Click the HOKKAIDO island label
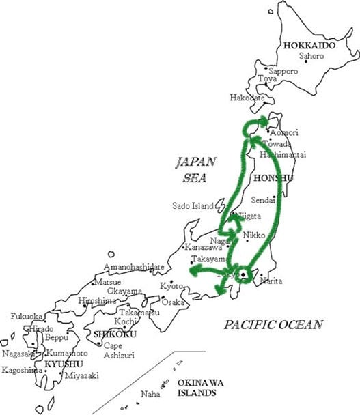(x=309, y=46)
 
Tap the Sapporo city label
(x=283, y=71)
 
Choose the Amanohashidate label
(x=134, y=267)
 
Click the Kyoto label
(x=171, y=286)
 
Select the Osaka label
(x=174, y=302)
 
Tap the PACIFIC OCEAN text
(x=273, y=325)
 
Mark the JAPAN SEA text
(x=195, y=170)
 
